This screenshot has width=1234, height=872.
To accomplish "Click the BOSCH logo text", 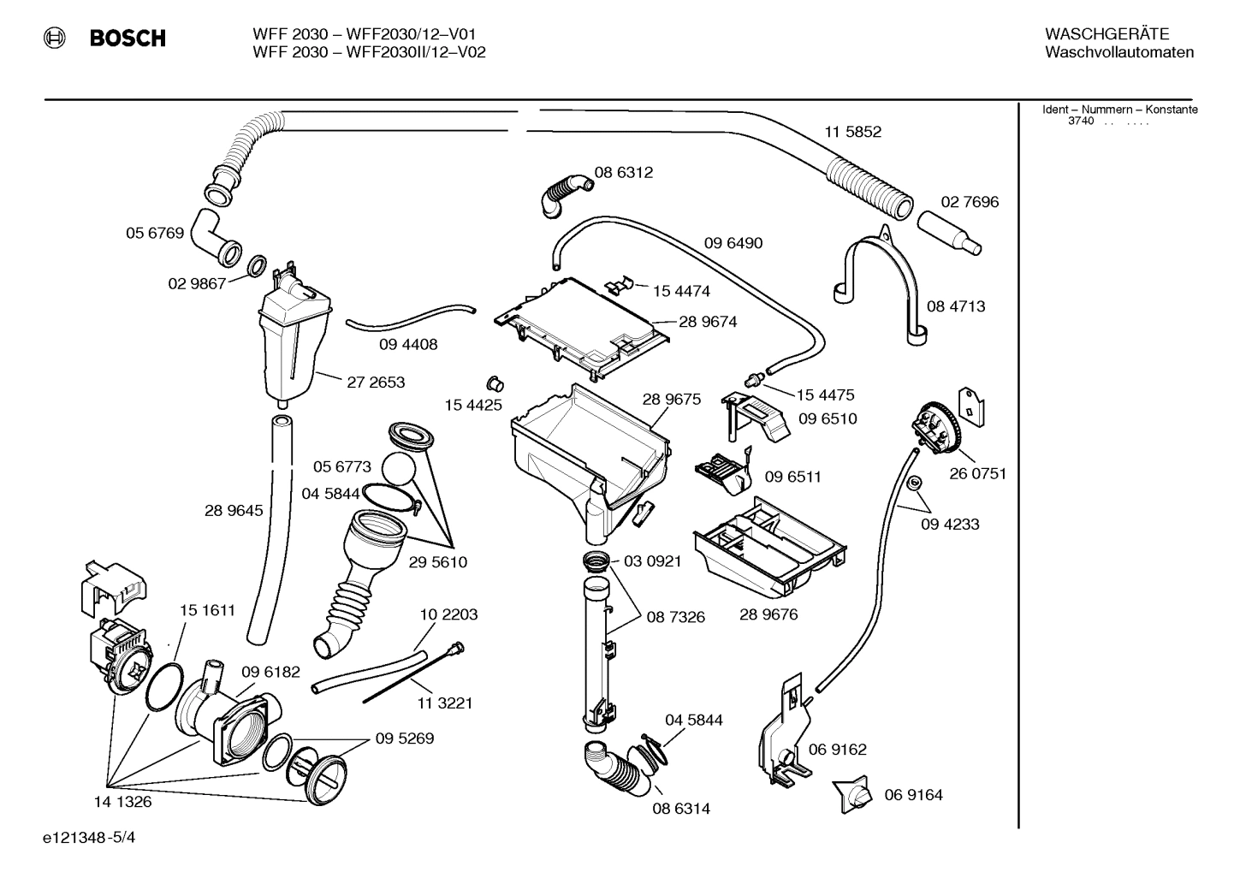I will click(128, 39).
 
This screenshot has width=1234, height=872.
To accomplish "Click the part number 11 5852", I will click(852, 132).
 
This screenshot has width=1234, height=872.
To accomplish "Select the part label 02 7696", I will click(970, 202).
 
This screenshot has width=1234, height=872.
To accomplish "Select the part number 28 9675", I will click(671, 399).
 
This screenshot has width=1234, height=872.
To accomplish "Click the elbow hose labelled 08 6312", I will click(565, 193).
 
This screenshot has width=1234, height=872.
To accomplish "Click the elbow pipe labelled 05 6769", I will click(214, 234).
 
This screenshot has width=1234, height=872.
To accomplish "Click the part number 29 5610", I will click(437, 562).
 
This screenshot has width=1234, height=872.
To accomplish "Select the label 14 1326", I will click(122, 802).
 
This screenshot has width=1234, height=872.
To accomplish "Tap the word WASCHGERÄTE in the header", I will click(1106, 34).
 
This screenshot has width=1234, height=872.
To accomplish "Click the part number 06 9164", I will click(913, 795).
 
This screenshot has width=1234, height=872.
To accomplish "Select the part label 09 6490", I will click(733, 243).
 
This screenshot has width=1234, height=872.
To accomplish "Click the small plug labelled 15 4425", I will click(494, 381).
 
